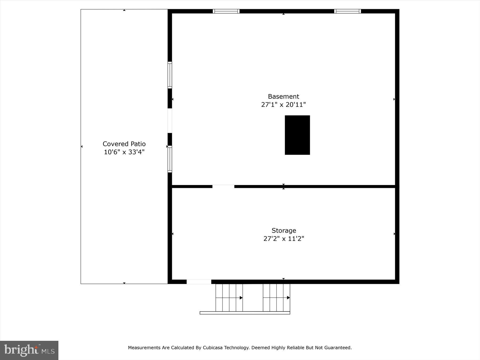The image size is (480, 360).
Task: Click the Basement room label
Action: [x=283, y=96]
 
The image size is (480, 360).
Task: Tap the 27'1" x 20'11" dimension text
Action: [x=283, y=105]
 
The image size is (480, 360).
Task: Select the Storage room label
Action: [x=284, y=230]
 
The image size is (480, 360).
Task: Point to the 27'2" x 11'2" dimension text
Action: [x=284, y=239]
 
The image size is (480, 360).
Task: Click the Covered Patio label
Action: [x=124, y=144]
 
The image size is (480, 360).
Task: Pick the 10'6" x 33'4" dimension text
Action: [x=124, y=152]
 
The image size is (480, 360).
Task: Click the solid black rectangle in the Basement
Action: [x=297, y=135]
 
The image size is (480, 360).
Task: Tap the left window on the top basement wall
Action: [x=226, y=11]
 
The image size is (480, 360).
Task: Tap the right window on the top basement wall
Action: [x=347, y=11]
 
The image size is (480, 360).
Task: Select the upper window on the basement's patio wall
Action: [x=170, y=75]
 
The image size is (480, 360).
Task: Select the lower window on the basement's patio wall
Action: [x=170, y=159]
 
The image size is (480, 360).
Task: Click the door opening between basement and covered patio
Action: [x=170, y=121]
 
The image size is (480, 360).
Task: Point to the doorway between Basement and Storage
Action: [x=223, y=186]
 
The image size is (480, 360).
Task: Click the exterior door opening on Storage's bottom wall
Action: [x=199, y=282]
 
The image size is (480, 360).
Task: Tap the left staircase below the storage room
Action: [x=229, y=298]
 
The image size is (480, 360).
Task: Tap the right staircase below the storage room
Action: [x=276, y=298]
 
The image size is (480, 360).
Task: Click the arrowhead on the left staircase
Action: [x=241, y=298]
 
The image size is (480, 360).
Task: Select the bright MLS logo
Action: [x=29, y=350]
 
